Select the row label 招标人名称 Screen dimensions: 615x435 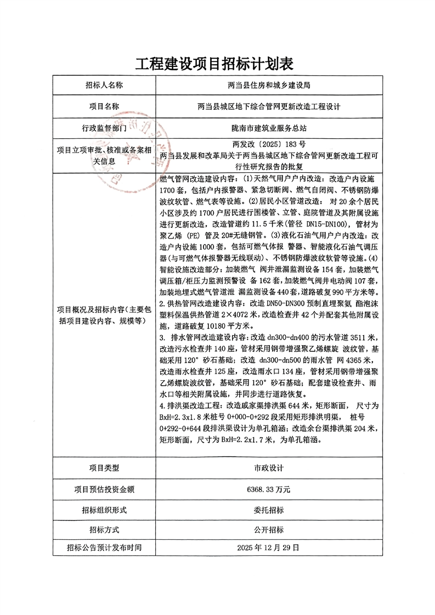[104, 85]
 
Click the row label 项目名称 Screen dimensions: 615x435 [104, 106]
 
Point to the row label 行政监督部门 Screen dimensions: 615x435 [104, 128]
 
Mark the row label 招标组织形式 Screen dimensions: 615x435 [104, 510]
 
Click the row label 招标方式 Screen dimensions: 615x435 [104, 530]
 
